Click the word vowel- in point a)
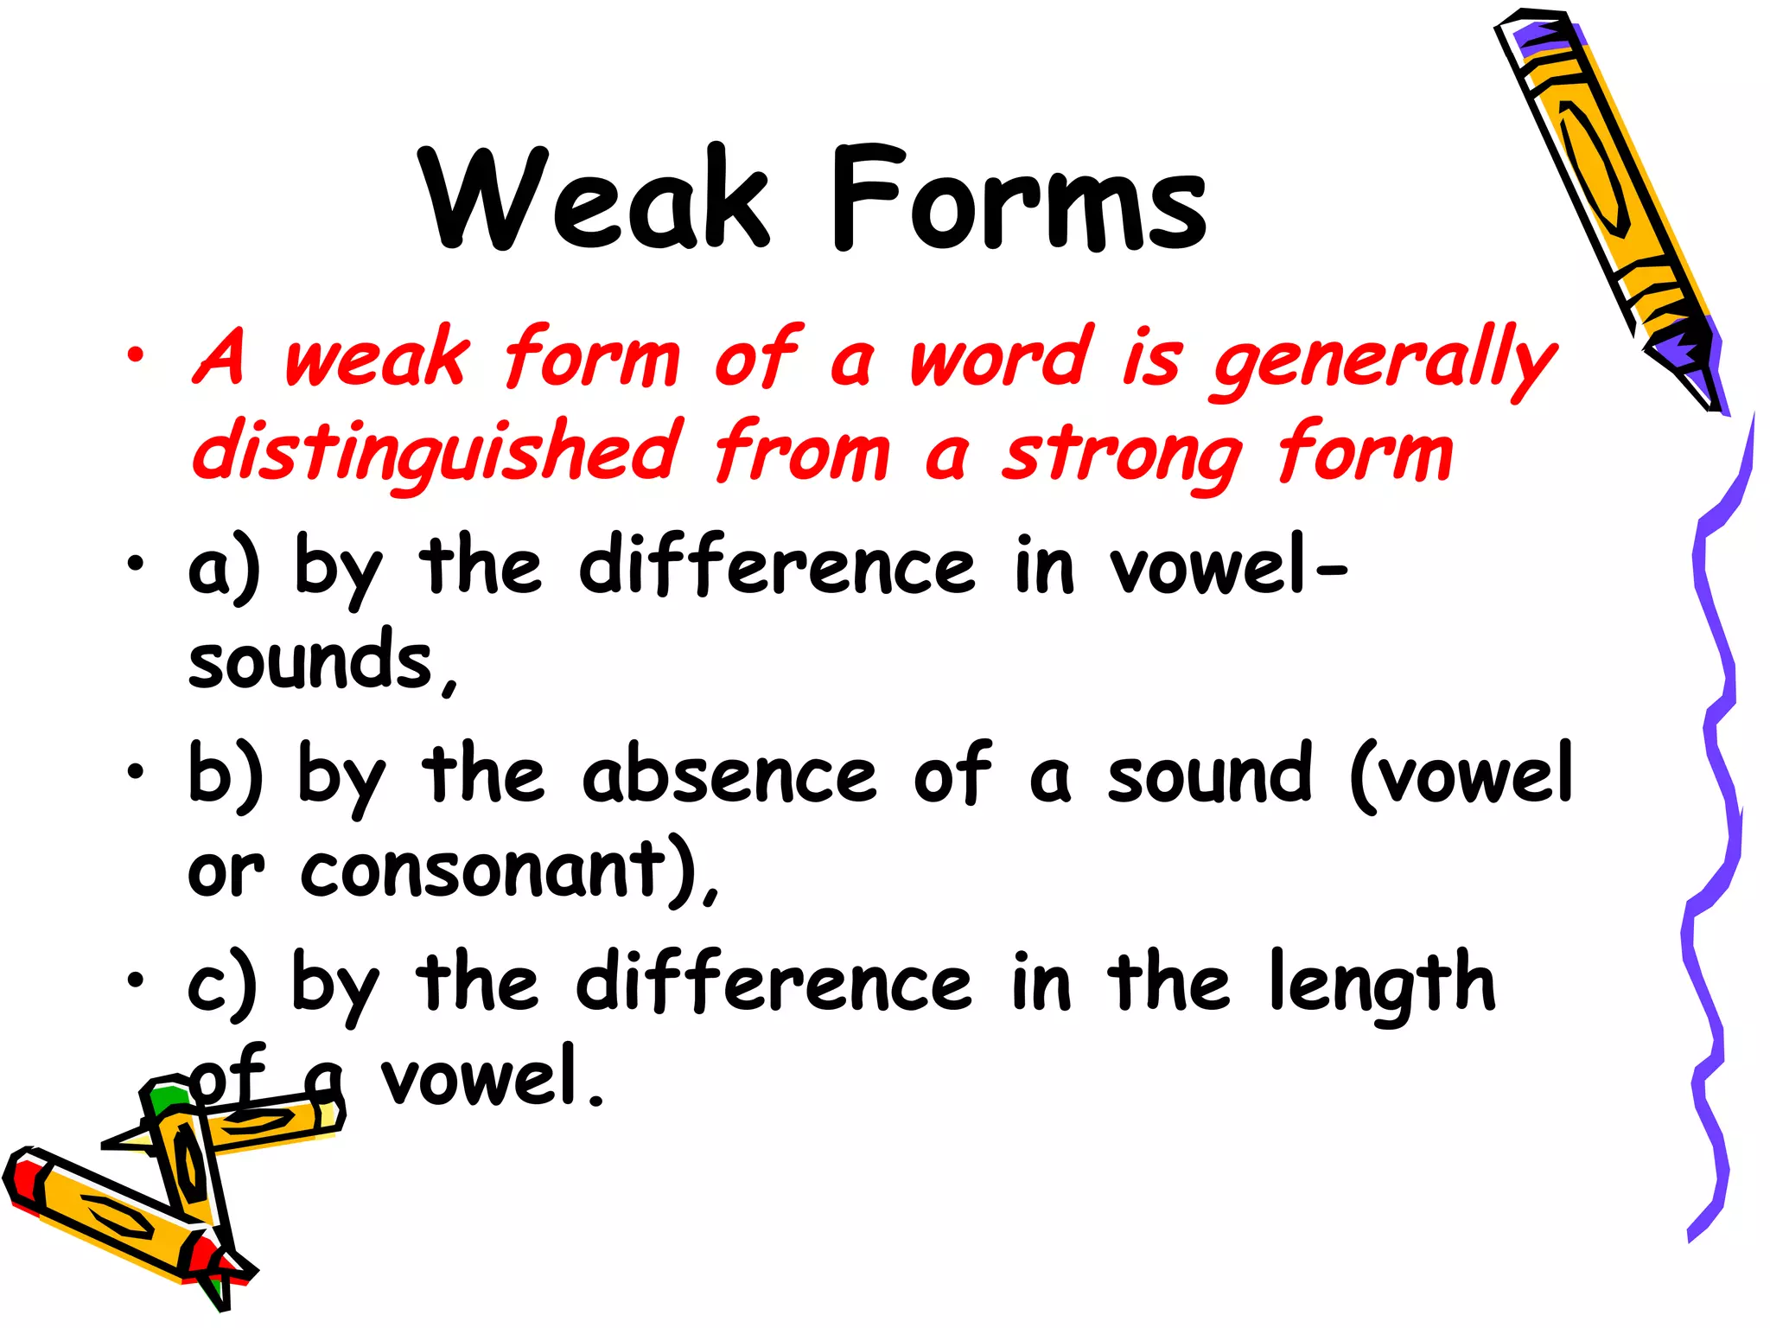(x=1227, y=566)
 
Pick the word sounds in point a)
(x=311, y=661)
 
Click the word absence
(x=729, y=774)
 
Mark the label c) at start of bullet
(x=221, y=984)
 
